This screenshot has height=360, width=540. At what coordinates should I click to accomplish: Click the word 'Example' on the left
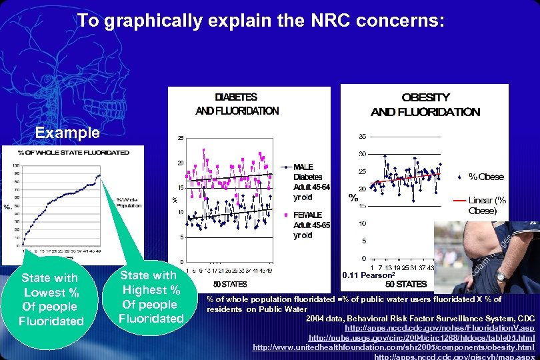[x=67, y=133]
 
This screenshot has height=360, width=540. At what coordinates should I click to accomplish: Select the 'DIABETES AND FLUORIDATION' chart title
[x=237, y=104]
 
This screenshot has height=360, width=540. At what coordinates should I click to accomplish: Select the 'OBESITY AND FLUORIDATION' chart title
[x=425, y=105]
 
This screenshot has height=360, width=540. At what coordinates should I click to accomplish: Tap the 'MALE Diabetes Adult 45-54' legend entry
[x=307, y=182]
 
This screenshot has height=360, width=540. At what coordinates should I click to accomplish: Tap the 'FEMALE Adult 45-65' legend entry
[x=307, y=225]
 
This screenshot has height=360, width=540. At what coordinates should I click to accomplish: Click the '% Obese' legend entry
[x=486, y=177]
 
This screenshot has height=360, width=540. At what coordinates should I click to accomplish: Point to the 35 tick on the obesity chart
[x=361, y=137]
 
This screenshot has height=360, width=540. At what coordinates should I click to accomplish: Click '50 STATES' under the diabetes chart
[x=230, y=284]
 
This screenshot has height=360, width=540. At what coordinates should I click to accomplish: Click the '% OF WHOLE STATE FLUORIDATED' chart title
[x=73, y=153]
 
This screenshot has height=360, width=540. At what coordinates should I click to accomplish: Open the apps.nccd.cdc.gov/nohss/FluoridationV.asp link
[x=439, y=329]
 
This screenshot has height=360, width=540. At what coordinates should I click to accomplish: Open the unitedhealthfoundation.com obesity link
[x=394, y=347]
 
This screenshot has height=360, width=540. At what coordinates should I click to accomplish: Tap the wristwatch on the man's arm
[x=502, y=276]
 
